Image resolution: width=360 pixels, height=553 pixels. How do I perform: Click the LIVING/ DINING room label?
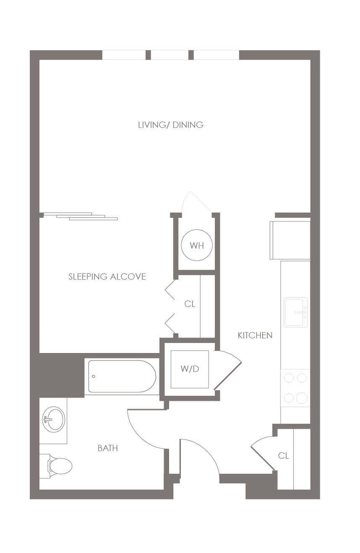pos(170,125)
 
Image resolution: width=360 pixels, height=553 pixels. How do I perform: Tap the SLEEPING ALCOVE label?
pos(107,277)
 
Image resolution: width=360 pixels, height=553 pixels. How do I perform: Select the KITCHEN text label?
pos(255,335)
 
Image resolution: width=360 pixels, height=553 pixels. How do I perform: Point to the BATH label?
pos(108,448)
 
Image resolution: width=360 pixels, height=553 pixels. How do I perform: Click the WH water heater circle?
pos(196,245)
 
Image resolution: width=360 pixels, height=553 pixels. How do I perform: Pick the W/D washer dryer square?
pos(190,369)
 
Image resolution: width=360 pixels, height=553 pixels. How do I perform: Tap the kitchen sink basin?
pos(295,312)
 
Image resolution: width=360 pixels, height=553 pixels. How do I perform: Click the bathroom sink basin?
pos(54,419)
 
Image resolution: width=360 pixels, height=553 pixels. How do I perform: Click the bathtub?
pos(122,376)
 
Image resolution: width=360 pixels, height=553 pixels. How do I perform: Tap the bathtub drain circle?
pos(94,376)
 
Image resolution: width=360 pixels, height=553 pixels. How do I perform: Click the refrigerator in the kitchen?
pos(290,240)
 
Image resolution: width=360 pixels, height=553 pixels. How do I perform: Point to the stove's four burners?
pos(295,388)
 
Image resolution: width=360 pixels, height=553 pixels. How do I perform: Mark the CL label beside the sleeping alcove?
pos(190,304)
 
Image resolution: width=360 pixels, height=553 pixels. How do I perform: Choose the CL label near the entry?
pos(283,456)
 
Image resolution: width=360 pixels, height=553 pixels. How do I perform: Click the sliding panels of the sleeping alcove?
pos(81,216)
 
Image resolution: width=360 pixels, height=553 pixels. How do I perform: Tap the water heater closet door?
pos(196,202)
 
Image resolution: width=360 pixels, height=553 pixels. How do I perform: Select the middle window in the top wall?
pos(170,55)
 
